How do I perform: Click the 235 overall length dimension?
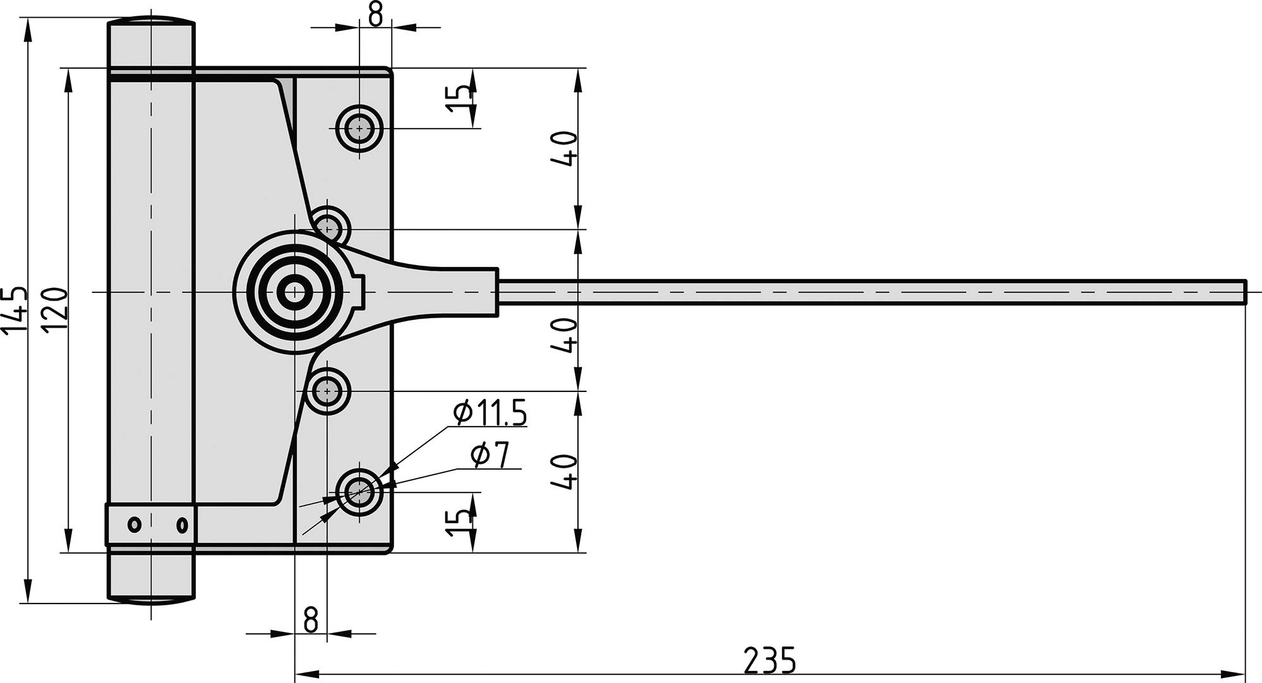pos(769,660)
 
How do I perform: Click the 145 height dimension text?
pos(15,309)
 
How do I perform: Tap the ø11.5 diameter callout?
pos(490,413)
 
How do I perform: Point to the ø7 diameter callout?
pos(490,455)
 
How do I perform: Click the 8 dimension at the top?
pos(375,15)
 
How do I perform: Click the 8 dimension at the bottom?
pos(310,621)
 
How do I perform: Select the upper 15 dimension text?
pos(459,98)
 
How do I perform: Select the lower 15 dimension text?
pos(459,523)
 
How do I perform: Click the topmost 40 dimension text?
pos(564,149)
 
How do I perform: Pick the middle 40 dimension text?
pos(564,335)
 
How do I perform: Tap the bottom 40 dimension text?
pos(564,472)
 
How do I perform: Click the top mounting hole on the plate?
pos(359,128)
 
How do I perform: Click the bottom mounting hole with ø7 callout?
pos(359,492)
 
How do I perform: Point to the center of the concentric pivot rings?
pos(294,292)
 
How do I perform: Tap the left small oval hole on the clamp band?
pos(135,524)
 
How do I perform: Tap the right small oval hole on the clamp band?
pos(182,524)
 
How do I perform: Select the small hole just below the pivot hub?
pos(327,391)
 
